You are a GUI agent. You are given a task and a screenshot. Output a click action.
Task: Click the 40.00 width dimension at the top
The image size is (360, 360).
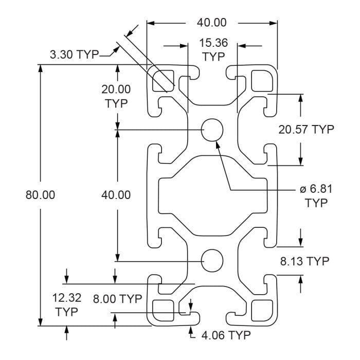(211, 23)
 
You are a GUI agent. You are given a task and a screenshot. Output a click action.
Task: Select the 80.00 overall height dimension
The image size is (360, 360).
(40, 195)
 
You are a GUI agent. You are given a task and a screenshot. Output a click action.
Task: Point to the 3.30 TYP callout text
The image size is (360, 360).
(74, 55)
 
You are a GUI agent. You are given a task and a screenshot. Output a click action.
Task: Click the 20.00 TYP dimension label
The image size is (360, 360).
(116, 96)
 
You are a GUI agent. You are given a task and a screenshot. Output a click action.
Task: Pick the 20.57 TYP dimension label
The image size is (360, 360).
(306, 129)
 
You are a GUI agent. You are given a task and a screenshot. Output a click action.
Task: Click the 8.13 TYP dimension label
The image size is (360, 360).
(304, 261)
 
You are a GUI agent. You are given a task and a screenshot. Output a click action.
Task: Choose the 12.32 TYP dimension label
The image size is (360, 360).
(66, 304)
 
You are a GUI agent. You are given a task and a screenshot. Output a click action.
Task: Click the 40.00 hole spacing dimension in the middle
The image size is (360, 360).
(116, 195)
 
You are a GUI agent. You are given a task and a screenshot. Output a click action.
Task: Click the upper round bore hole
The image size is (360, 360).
(212, 130)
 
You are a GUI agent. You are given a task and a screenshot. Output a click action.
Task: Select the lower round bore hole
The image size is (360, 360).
(212, 261)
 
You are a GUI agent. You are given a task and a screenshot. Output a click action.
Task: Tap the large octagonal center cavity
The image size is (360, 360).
(212, 195)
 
